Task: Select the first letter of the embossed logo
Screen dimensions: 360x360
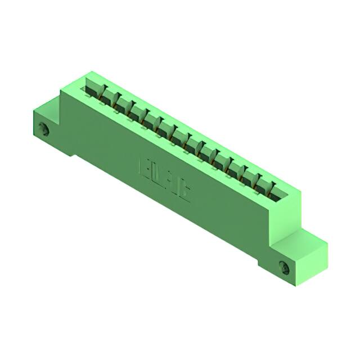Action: (x=143, y=165)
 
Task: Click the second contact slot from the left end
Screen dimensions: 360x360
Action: (x=109, y=96)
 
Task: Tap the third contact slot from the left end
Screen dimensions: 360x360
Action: (x=123, y=104)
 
